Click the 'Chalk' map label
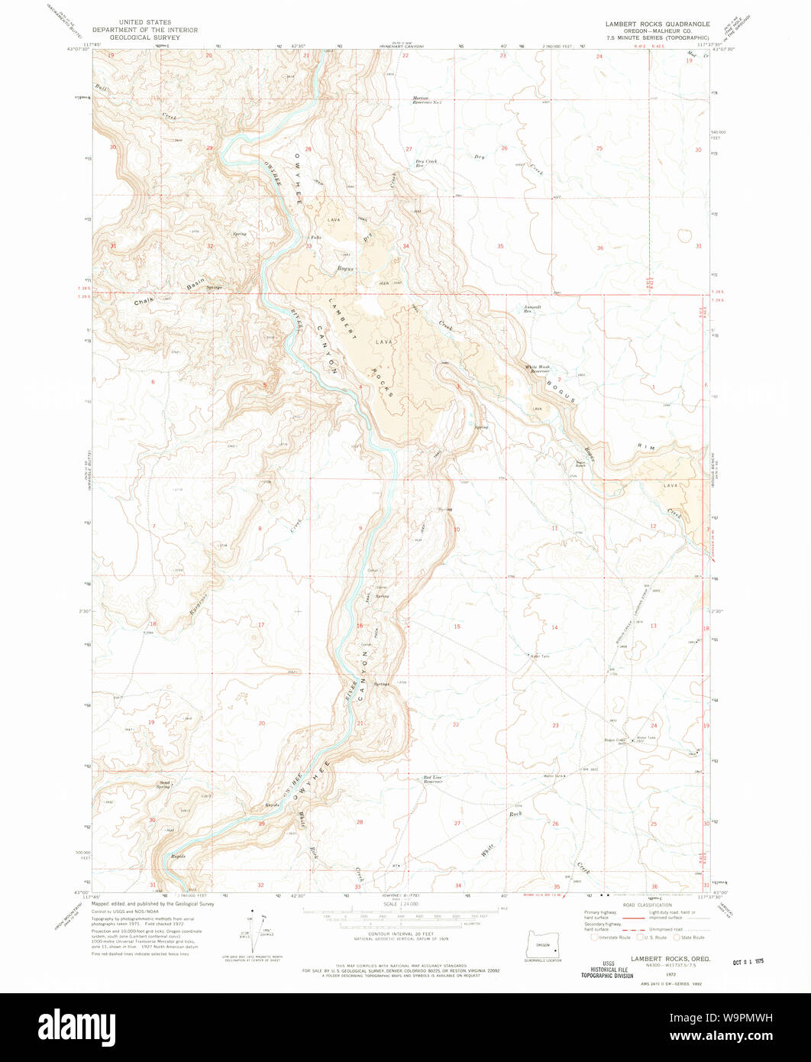coord(144,300)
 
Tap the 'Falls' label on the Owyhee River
coord(315,238)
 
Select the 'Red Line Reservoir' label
coord(433,779)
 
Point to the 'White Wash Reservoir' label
coord(538,368)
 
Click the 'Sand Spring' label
coord(164,784)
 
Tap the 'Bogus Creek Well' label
coord(616,740)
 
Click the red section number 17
coord(260,625)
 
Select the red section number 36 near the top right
coord(600,248)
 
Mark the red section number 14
coord(555,627)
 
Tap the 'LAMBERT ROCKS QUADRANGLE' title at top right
coord(648,24)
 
